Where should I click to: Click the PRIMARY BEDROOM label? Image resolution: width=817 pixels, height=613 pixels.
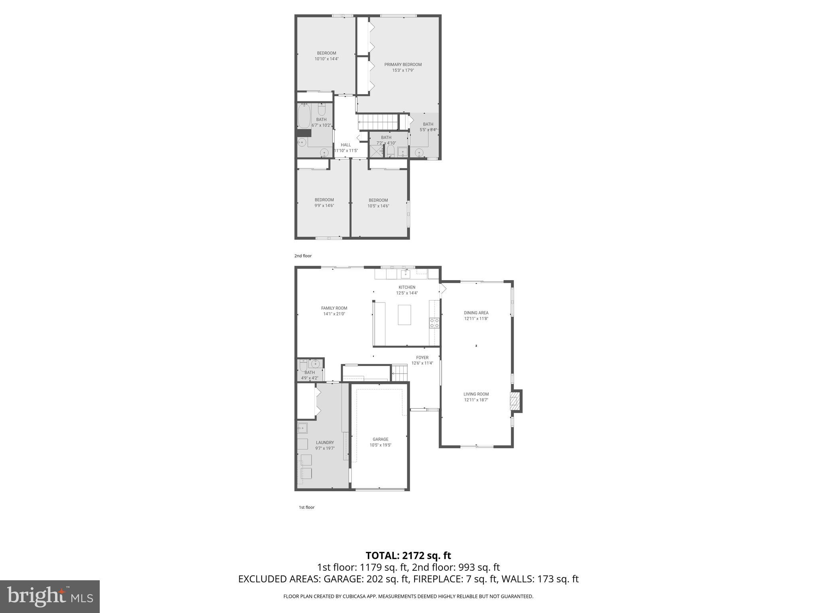tap(403, 65)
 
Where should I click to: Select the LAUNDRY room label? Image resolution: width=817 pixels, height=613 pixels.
tap(325, 443)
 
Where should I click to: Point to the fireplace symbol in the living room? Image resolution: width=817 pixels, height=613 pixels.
tap(515, 401)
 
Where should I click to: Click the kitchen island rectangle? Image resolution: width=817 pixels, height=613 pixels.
tap(404, 315)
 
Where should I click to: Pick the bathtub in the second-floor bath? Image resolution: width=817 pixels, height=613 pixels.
tap(304, 116)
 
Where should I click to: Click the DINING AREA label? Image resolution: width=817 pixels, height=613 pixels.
tap(476, 313)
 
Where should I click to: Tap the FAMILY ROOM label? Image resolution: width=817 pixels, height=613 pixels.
tap(334, 308)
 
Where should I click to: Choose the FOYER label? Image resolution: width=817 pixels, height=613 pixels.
tap(422, 358)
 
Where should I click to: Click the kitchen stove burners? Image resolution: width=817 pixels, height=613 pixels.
tap(434, 323)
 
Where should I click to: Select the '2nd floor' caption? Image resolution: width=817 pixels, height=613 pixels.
tap(303, 256)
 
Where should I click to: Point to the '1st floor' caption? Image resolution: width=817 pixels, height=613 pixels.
tap(306, 507)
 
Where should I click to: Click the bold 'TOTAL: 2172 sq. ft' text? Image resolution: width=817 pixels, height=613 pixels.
tap(408, 556)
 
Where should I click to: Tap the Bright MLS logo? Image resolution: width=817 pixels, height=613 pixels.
tap(50, 596)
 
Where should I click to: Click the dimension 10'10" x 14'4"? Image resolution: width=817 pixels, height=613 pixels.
tap(326, 59)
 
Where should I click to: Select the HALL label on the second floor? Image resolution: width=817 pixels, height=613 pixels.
tap(345, 145)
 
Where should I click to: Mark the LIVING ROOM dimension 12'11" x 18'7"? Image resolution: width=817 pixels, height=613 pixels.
tap(476, 400)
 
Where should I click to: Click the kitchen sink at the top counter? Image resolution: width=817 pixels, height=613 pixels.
tap(406, 274)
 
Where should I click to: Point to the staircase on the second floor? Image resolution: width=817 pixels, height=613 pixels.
tap(378, 122)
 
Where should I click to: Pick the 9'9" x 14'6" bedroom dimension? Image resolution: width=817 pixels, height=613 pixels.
tap(324, 206)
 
